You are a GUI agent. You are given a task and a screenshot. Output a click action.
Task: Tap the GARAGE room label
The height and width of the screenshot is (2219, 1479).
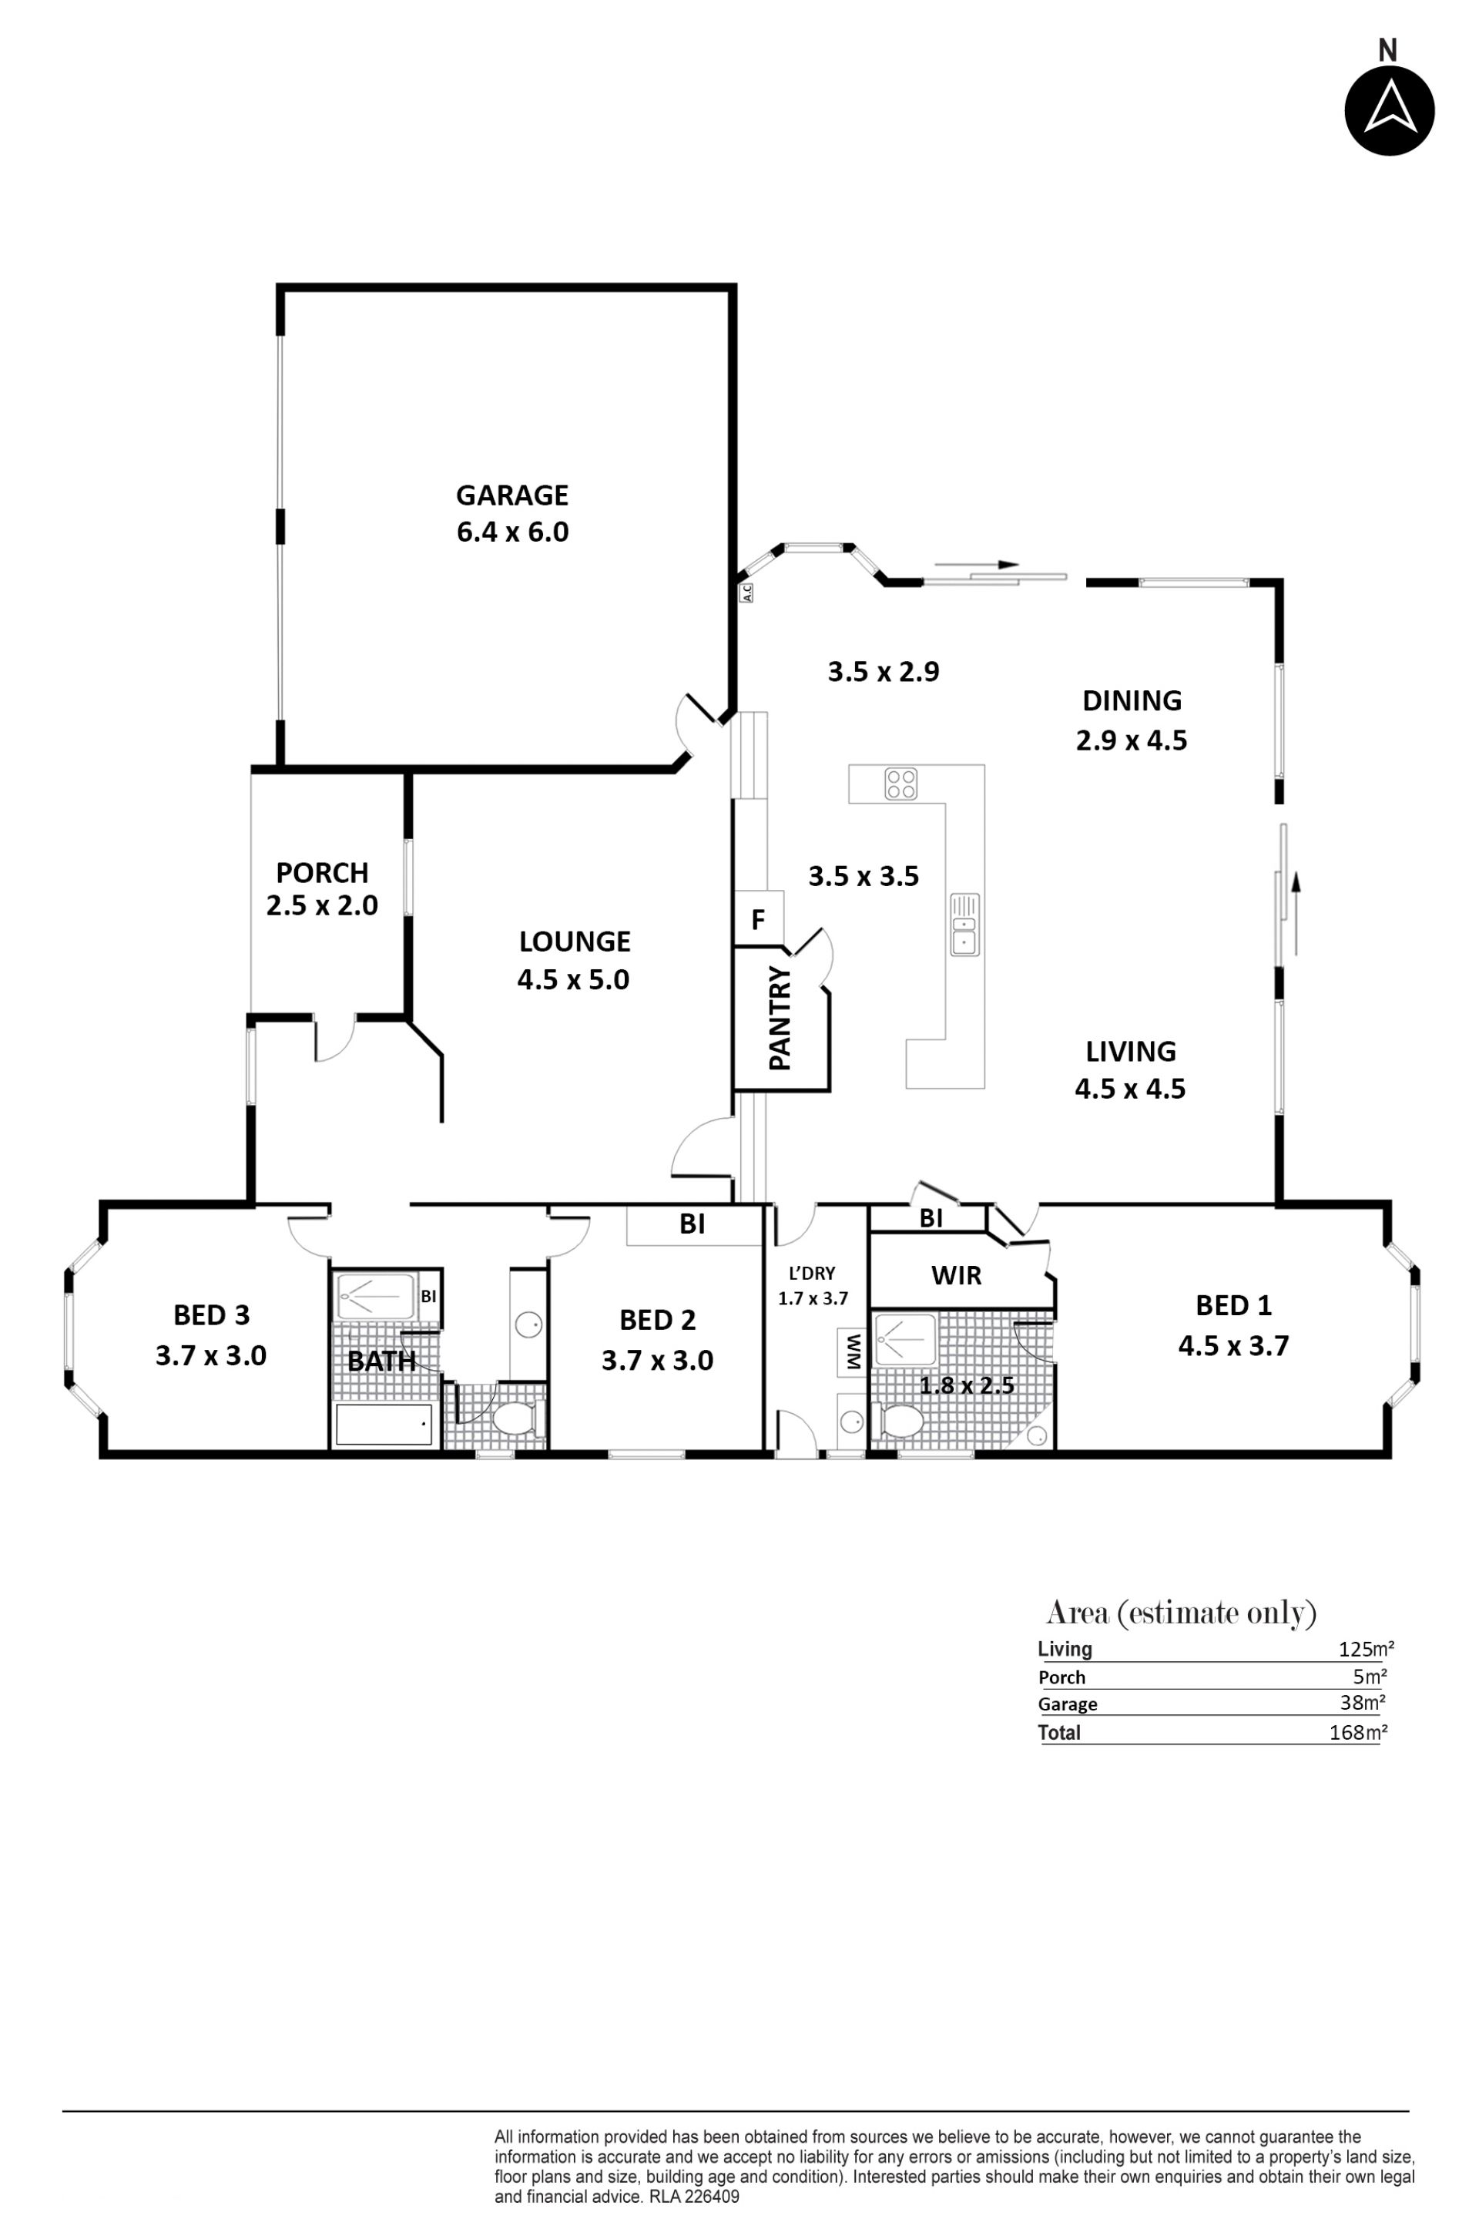coord(512,495)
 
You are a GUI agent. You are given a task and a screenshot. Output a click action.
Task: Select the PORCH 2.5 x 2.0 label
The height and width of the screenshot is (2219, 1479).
coord(322,888)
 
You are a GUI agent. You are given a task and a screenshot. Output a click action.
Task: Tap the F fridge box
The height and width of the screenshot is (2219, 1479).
coord(758,918)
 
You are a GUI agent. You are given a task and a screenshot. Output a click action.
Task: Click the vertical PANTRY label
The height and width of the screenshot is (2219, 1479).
coord(780,1018)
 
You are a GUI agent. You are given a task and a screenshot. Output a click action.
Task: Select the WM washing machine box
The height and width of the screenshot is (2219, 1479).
coord(853,1352)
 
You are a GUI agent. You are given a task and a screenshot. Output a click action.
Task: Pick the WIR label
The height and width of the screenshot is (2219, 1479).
coord(957,1276)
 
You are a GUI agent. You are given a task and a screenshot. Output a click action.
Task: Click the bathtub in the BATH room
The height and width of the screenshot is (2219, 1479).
coord(384,1425)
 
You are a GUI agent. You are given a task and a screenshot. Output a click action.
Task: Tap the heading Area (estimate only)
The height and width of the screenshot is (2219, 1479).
coord(1181,1613)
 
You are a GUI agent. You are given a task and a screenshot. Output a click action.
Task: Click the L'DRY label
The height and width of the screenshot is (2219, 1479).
coord(812,1273)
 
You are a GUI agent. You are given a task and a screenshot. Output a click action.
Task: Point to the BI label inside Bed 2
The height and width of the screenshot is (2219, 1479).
coord(693,1224)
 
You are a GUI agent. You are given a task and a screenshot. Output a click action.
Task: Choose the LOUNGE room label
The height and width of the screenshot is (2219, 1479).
coord(575,941)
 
